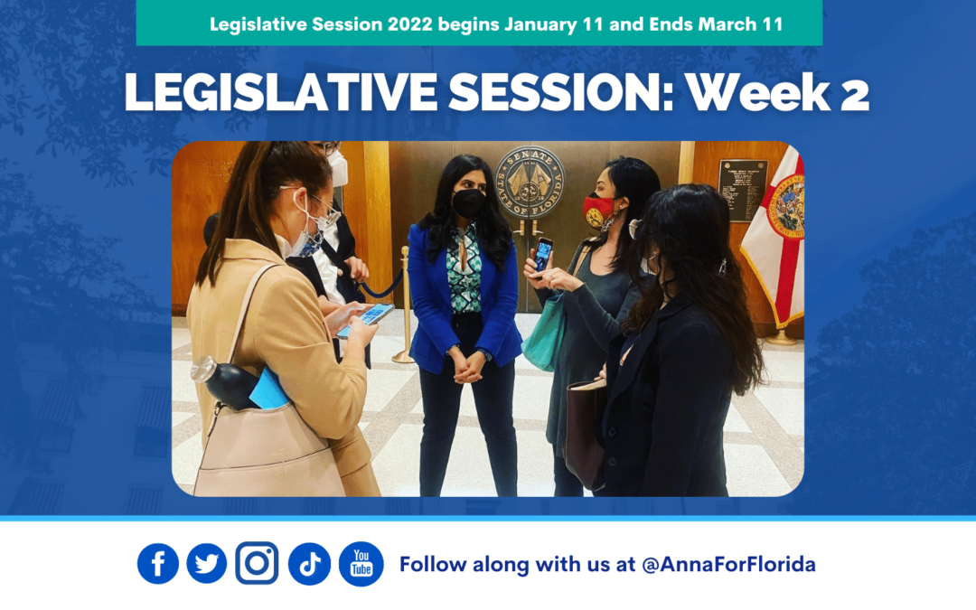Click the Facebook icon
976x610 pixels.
pos(158,564)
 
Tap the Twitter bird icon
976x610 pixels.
pos(207,564)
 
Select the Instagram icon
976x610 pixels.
pos(257,564)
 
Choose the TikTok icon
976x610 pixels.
pos(309,564)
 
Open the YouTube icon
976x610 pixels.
pos(361,564)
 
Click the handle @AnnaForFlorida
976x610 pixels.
pos(728,565)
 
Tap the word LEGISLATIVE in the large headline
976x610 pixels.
pos(239,94)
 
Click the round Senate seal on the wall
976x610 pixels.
pos(529,182)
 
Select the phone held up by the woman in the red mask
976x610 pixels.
pos(542,253)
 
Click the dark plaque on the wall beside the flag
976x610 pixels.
pos(742,190)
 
